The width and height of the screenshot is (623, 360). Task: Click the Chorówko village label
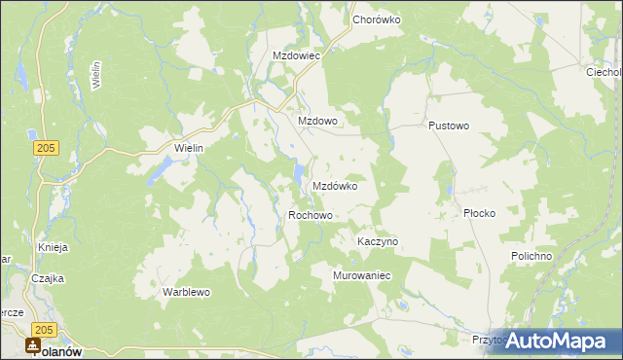(377, 18)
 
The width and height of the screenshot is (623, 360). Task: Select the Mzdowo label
(317, 121)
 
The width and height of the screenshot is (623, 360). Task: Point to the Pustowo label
(449, 126)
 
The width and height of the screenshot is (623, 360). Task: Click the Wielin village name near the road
(187, 147)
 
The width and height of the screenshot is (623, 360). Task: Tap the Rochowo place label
(311, 215)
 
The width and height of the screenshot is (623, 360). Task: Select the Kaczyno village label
(378, 240)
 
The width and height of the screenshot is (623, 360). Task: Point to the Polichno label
(531, 255)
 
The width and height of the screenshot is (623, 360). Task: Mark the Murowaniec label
(362, 275)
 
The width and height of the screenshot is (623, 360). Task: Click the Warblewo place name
(187, 291)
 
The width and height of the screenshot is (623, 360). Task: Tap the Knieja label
(53, 247)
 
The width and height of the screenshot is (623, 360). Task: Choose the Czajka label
(47, 277)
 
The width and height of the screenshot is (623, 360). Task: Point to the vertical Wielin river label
(95, 74)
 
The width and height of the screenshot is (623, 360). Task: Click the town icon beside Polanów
(34, 345)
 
